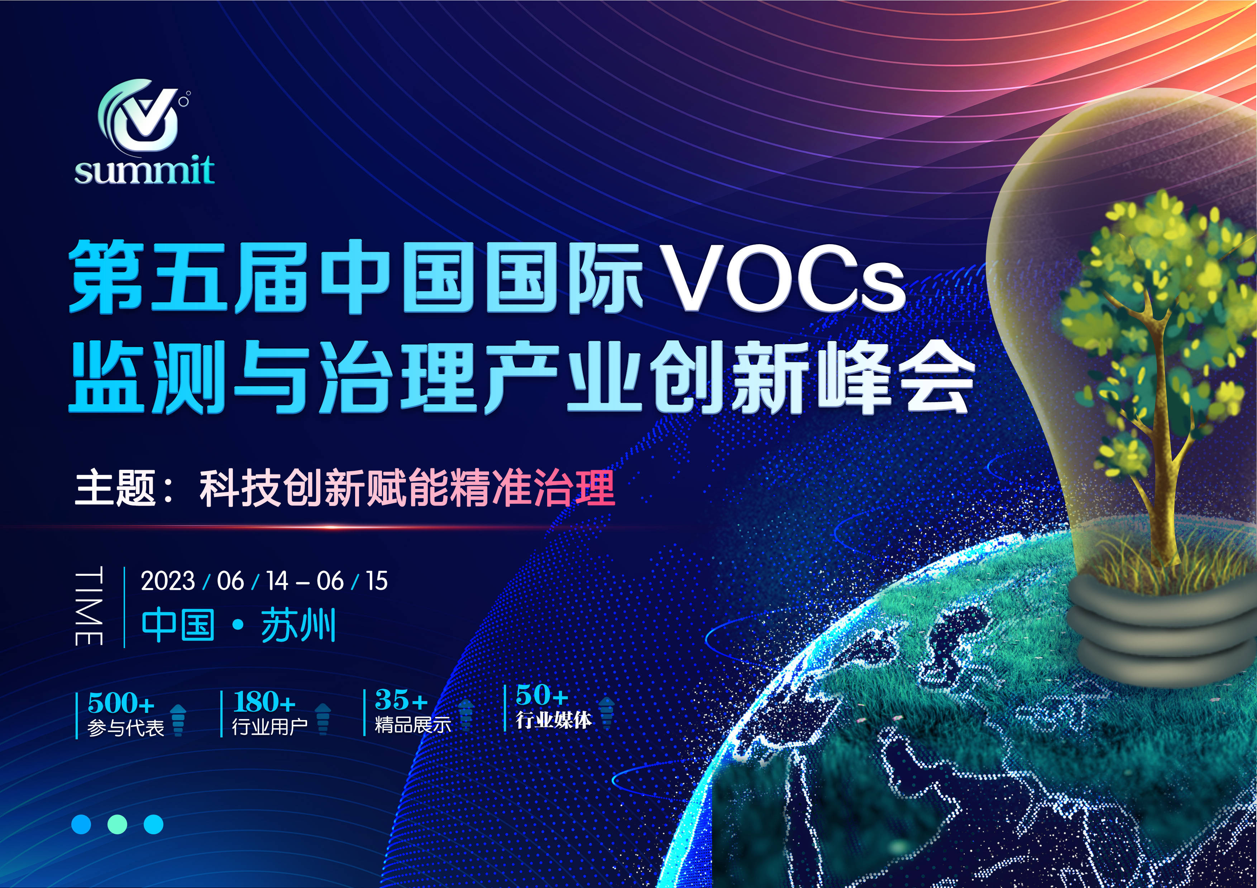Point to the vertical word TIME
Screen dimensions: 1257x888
tap(89, 607)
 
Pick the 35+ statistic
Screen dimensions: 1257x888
tap(401, 699)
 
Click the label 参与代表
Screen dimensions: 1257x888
tap(126, 728)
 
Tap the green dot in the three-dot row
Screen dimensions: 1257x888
tap(117, 824)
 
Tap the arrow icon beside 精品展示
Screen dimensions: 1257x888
tap(466, 714)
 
